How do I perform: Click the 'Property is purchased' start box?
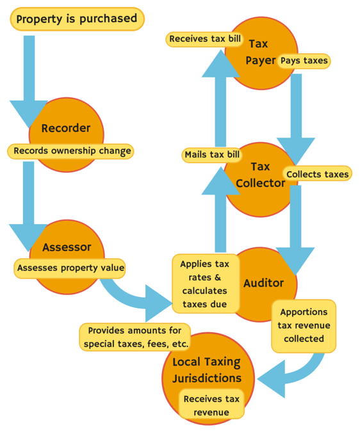click(x=77, y=19)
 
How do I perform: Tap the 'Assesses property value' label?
click(x=70, y=267)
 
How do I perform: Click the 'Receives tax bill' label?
click(x=206, y=39)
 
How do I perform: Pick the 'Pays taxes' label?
click(x=304, y=61)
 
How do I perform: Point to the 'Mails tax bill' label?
click(x=212, y=154)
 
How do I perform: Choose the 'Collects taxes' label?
click(x=318, y=173)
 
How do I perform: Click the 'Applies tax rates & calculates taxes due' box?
click(x=204, y=284)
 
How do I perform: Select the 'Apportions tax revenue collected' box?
click(x=303, y=325)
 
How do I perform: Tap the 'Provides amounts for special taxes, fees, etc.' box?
click(x=135, y=337)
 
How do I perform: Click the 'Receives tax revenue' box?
click(x=211, y=405)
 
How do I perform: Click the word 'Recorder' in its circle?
click(x=66, y=128)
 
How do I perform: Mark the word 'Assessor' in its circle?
click(x=67, y=247)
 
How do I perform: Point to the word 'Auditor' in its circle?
click(x=263, y=283)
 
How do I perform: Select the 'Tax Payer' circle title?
click(x=259, y=52)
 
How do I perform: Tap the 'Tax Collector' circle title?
click(x=260, y=175)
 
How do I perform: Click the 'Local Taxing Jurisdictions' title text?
click(x=207, y=370)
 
